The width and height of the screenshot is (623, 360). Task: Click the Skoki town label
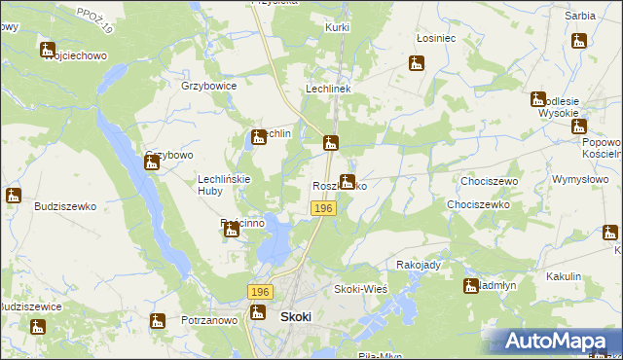pyautogui.click(x=295, y=317)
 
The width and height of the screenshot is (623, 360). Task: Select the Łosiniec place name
pyautogui.click(x=435, y=38)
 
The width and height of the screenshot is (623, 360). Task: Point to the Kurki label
pyautogui.click(x=338, y=28)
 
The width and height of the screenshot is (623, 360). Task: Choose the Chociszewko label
pyautogui.click(x=478, y=205)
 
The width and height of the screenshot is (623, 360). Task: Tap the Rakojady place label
pyautogui.click(x=419, y=265)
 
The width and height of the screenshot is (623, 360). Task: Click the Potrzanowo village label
pyautogui.click(x=209, y=320)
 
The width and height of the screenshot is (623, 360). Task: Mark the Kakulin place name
pyautogui.click(x=564, y=276)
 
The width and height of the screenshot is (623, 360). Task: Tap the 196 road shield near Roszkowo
pyautogui.click(x=324, y=209)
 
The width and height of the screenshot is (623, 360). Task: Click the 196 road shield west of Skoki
pyautogui.click(x=259, y=292)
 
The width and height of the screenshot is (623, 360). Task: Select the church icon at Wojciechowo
pyautogui.click(x=48, y=49)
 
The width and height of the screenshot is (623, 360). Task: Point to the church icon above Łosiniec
pyautogui.click(x=417, y=63)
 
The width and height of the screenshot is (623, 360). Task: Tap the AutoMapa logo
pyautogui.click(x=559, y=341)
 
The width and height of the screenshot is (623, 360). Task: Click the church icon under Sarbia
pyautogui.click(x=579, y=41)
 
